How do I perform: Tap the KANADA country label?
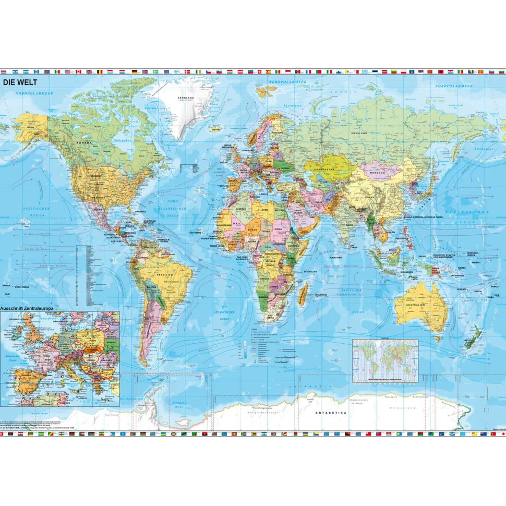tap(85, 142)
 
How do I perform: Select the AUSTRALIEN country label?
tap(417, 304)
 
